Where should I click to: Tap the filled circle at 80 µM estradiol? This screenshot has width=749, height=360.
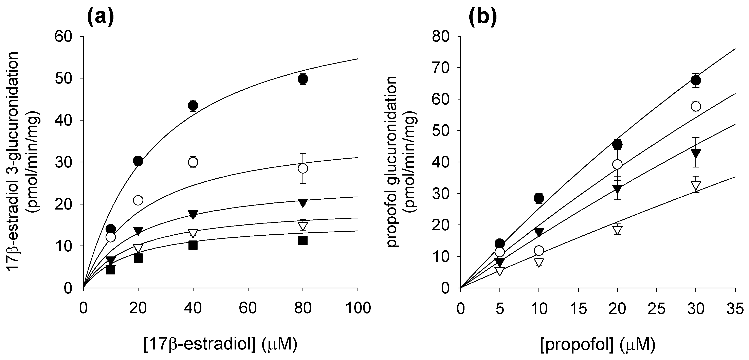click(303, 79)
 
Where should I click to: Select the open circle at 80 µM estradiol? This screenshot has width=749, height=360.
click(303, 168)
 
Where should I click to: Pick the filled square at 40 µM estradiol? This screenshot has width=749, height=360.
click(193, 245)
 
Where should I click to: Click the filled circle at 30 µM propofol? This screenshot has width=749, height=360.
click(695, 80)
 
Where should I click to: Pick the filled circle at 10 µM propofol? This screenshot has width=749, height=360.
click(539, 198)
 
